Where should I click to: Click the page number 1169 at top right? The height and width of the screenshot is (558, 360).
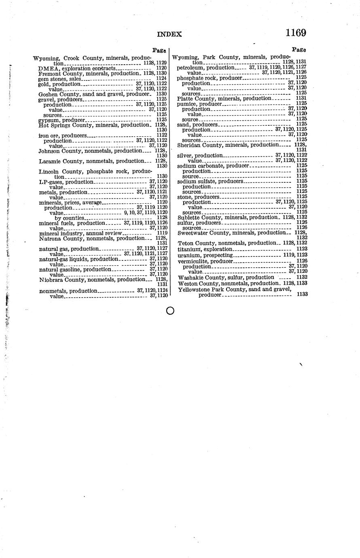tap(295, 32)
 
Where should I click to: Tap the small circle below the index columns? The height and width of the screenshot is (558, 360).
tap(170, 311)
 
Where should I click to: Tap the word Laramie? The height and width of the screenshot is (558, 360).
tap(50, 161)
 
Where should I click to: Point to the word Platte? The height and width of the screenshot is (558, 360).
tap(186, 99)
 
